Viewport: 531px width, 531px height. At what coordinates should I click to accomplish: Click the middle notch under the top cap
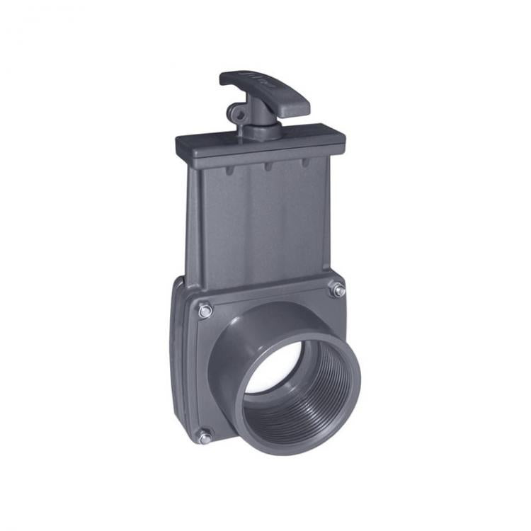point(268,167)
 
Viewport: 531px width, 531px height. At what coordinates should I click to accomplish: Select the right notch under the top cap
point(305,163)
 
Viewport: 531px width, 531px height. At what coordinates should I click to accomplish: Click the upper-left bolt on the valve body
point(205,309)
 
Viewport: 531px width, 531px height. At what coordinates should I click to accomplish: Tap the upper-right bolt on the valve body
point(338,290)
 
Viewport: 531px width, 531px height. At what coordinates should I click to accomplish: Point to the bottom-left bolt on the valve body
point(205,437)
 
